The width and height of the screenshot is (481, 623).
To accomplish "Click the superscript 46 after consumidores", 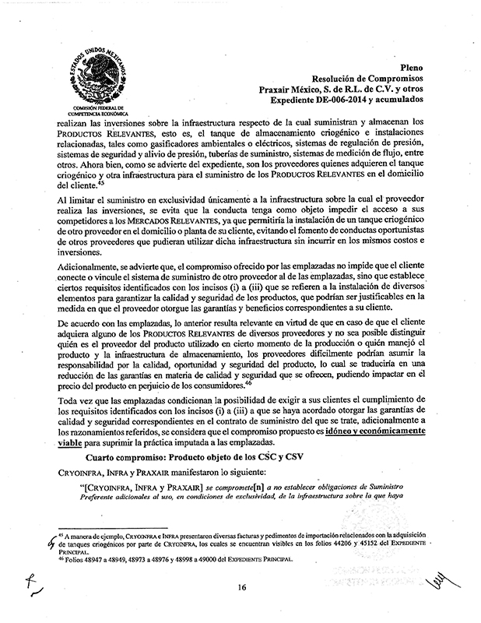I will (x=248, y=382).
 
